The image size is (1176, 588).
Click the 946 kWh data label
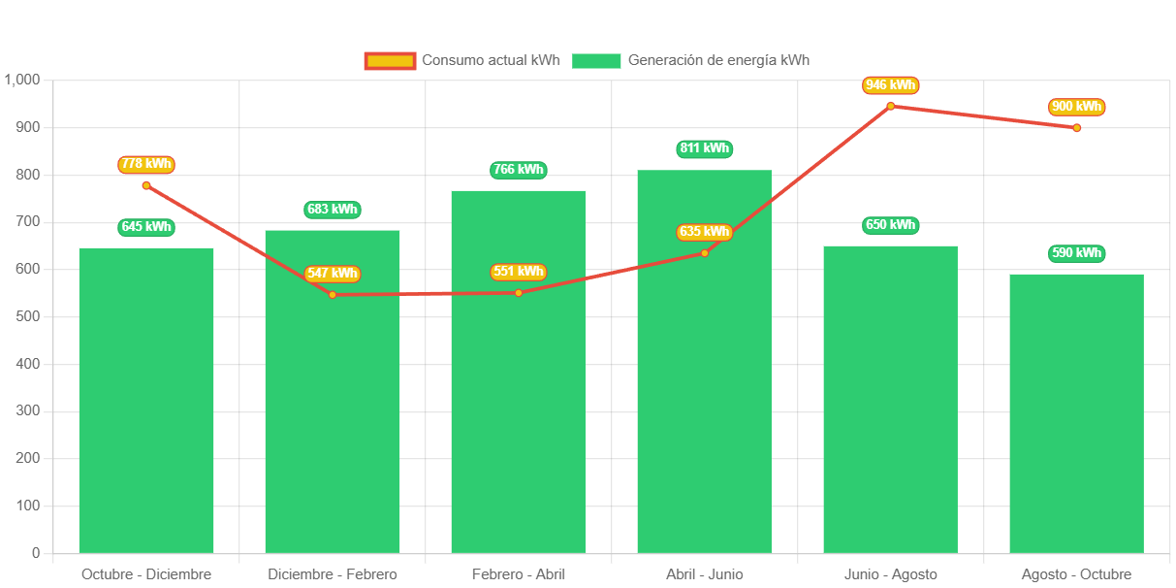point(890,85)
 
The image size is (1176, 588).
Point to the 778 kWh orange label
point(146,164)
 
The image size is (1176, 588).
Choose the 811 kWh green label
point(704,148)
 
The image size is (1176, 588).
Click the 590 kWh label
point(1076,253)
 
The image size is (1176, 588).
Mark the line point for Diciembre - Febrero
point(333,294)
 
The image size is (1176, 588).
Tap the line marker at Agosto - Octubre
point(1076,128)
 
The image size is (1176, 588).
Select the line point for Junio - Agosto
point(890,106)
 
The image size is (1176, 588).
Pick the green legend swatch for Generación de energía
point(595,61)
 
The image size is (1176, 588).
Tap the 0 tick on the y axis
point(36,553)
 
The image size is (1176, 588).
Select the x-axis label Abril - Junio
point(704,574)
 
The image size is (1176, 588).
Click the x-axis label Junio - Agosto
point(890,574)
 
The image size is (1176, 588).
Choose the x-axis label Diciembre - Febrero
point(333,574)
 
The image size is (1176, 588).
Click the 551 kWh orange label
point(519,272)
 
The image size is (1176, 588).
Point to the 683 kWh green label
point(333,209)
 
